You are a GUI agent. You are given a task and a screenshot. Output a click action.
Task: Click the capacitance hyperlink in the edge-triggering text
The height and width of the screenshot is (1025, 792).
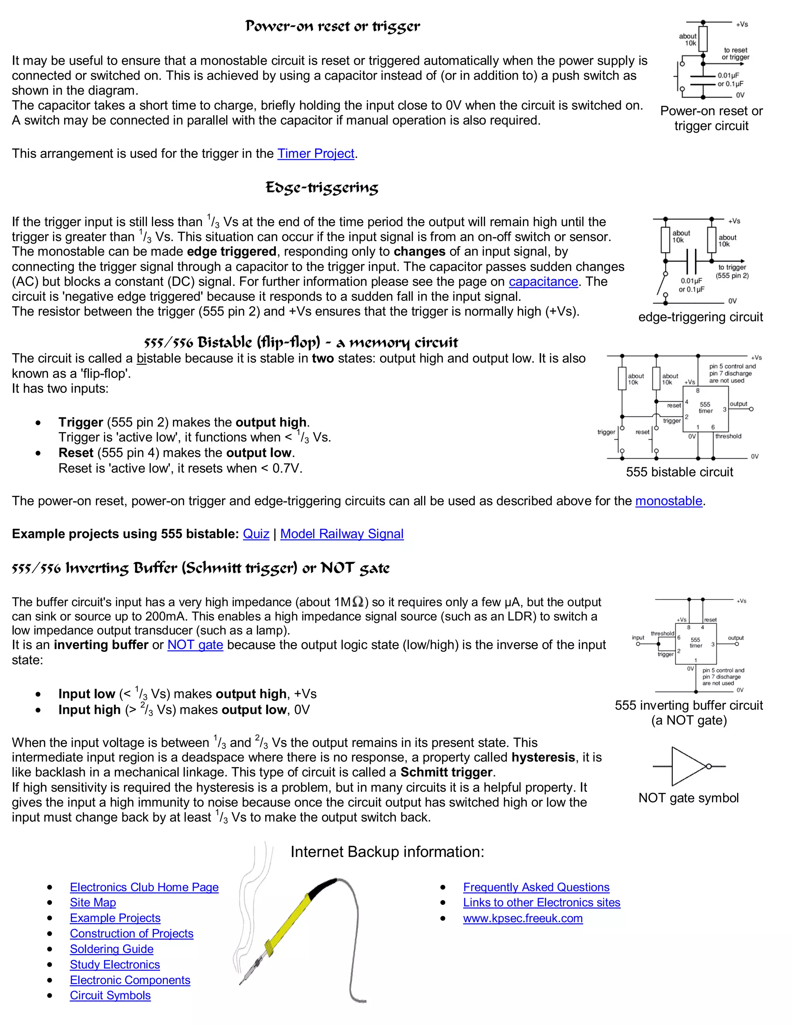[x=543, y=282]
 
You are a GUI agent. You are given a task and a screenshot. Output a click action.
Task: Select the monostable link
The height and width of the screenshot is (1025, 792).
[x=668, y=501]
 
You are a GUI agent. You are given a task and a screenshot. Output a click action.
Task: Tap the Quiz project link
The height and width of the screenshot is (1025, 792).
[x=256, y=534]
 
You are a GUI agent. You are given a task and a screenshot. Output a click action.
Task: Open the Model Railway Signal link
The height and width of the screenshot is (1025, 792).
[x=341, y=534]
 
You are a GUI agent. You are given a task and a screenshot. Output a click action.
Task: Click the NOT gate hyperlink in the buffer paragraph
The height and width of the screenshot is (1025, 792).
[x=195, y=645]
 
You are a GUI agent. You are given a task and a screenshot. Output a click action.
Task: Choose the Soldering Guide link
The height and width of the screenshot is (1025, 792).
[x=112, y=949]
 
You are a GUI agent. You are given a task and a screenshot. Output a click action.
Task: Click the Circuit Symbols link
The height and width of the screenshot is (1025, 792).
[x=110, y=996]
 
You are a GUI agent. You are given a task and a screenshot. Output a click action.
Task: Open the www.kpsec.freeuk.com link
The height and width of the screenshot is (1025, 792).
[x=523, y=919]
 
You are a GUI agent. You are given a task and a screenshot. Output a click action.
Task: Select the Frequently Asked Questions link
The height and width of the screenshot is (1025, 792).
[x=536, y=887]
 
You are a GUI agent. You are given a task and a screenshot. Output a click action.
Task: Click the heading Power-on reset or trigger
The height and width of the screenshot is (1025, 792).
[x=333, y=26]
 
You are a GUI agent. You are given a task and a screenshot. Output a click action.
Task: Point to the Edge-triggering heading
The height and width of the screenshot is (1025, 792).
[x=321, y=188]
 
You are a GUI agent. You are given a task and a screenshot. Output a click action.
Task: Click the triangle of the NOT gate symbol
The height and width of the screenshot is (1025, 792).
[x=686, y=766]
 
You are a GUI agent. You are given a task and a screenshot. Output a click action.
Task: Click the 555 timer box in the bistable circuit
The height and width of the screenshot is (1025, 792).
[x=706, y=407]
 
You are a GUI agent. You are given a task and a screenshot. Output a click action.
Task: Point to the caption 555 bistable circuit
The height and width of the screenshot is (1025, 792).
[x=679, y=472]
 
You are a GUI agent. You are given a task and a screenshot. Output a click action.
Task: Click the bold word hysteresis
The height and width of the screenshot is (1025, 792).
[x=543, y=757]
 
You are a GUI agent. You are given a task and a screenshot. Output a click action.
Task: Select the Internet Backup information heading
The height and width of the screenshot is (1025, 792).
[x=387, y=852]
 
